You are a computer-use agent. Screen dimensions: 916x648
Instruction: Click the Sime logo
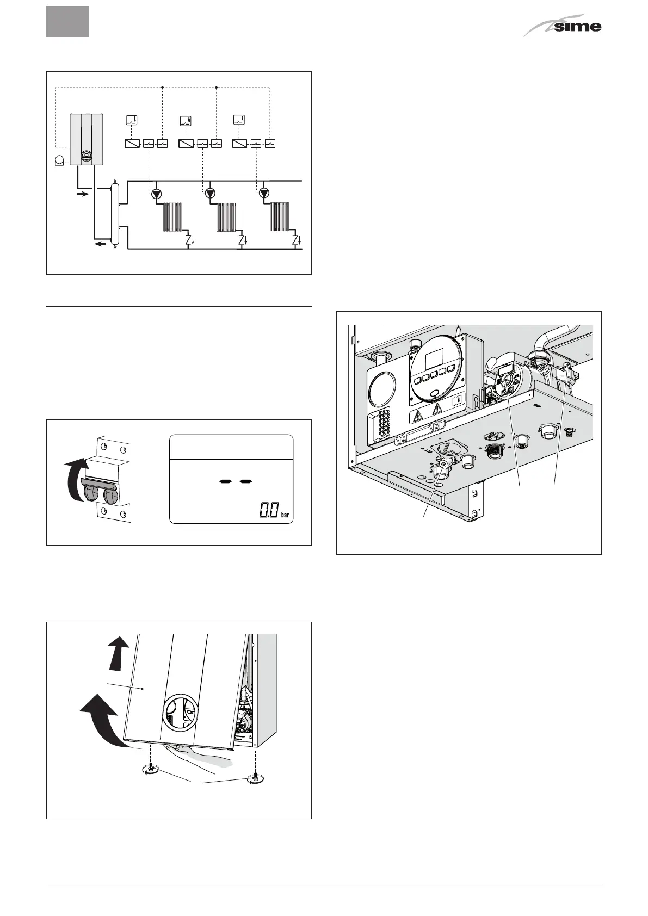point(564,26)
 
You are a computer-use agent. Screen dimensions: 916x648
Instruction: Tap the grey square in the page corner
point(67,22)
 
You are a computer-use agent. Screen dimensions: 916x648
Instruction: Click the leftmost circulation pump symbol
point(157,193)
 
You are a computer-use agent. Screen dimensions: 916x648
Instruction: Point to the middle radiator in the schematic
point(228,218)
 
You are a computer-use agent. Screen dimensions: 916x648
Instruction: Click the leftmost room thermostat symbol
point(131,121)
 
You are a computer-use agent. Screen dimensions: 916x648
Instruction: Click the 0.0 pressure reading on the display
point(268,510)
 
